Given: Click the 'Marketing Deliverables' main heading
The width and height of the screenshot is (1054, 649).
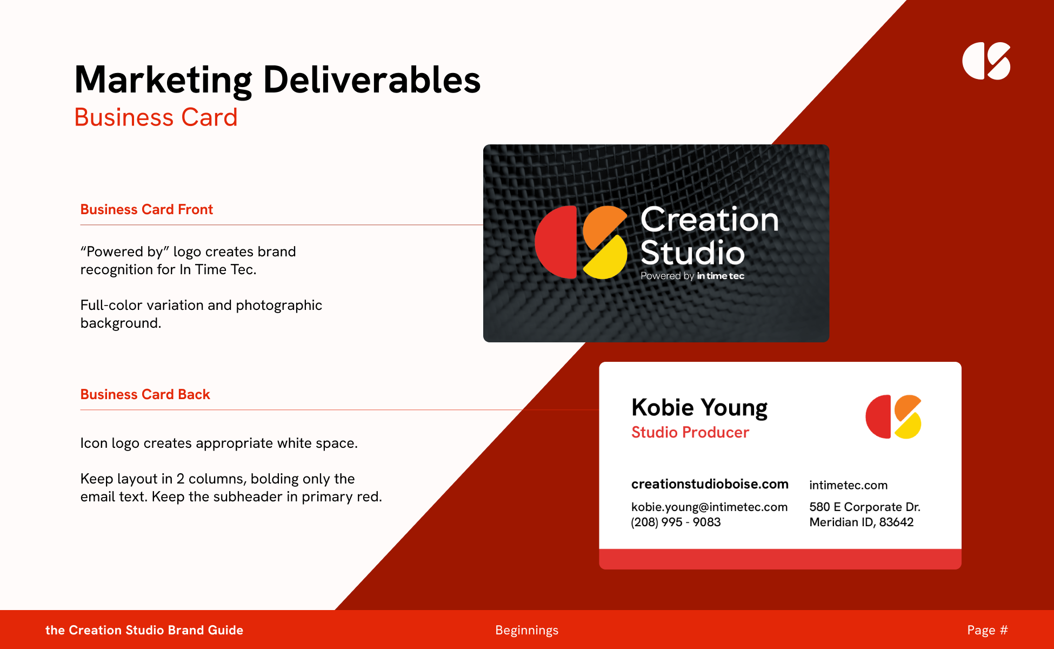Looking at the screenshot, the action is tap(277, 80).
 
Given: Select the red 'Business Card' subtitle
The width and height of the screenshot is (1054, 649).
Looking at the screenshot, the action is tap(156, 117).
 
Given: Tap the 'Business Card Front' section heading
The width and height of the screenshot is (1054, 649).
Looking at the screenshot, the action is tap(146, 209).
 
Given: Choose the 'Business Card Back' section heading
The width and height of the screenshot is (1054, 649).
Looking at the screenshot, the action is tap(145, 394).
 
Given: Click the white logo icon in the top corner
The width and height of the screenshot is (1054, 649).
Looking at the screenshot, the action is tap(986, 61).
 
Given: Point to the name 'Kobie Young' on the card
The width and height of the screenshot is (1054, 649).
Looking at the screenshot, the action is tap(699, 408).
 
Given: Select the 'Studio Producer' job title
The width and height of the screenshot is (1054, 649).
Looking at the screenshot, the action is tap(690, 432).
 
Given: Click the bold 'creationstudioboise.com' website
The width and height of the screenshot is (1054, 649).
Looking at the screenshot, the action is tap(710, 484).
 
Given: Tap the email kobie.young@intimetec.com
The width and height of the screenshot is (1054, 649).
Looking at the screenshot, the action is tap(709, 507).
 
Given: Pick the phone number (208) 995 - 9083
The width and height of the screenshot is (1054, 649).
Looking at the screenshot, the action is tap(676, 522).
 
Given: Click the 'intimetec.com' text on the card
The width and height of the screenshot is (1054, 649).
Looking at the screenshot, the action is tap(848, 485).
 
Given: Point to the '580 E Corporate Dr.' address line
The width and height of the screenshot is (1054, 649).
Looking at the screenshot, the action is tap(865, 507).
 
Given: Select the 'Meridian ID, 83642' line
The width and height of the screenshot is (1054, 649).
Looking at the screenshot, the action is tap(862, 522).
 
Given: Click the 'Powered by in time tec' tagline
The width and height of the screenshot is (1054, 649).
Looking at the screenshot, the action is tap(692, 276).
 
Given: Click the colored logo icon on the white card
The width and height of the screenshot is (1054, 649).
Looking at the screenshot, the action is tap(893, 416).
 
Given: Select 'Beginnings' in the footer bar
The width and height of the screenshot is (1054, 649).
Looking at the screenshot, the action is tap(527, 630).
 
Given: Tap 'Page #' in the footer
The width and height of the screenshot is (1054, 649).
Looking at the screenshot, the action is tap(988, 630).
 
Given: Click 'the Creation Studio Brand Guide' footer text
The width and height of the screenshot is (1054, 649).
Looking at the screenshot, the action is tap(144, 630).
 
